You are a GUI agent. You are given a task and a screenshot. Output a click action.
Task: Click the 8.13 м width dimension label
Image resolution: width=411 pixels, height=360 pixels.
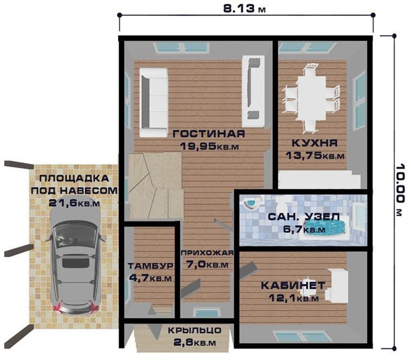(245, 9)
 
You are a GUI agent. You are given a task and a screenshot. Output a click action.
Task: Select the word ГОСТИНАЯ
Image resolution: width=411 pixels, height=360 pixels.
(209, 134)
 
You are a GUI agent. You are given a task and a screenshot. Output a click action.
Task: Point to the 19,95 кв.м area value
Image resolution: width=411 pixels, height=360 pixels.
(210, 146)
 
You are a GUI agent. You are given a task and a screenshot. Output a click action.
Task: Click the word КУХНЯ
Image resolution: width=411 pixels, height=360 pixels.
(314, 143)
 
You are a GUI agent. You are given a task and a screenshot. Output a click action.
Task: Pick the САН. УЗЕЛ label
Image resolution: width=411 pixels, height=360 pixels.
(304, 217)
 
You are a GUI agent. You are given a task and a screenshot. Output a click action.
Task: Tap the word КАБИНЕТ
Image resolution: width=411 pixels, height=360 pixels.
(293, 285)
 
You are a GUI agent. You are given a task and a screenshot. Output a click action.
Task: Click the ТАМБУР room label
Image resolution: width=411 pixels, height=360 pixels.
(151, 266)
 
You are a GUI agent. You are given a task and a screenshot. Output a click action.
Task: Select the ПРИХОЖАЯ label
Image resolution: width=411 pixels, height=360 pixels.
(207, 253)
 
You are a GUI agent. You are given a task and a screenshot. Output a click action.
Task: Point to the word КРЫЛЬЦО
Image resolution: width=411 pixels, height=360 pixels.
(195, 330)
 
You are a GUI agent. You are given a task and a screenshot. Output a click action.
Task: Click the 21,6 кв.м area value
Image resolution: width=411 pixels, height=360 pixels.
(74, 203)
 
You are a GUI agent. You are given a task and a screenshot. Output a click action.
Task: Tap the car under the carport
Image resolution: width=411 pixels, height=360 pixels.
(76, 258)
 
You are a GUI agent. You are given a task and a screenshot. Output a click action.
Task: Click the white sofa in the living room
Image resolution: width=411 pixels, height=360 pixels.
(154, 102)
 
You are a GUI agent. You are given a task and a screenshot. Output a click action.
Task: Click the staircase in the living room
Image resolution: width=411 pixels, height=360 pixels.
(155, 185)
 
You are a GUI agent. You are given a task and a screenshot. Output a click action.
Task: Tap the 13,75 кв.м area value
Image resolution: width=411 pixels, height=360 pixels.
(315, 156)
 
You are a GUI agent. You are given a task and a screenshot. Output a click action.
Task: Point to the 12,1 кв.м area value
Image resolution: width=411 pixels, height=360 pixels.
(293, 298)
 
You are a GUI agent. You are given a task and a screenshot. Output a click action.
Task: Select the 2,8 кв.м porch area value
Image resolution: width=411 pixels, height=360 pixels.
(195, 342)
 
